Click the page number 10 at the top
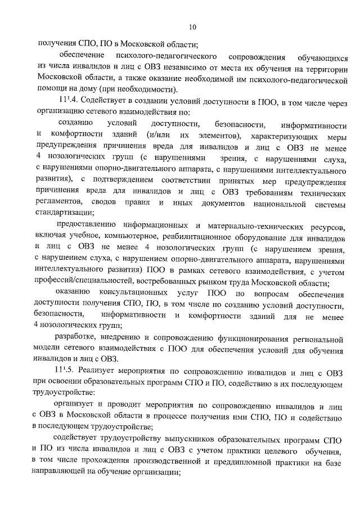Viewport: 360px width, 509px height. coord(192,27)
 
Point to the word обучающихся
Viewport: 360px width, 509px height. coord(317,57)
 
